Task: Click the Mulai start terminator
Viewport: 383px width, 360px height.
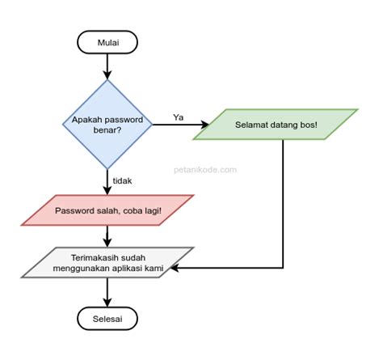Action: [107, 41]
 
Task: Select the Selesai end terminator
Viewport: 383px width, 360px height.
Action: [107, 317]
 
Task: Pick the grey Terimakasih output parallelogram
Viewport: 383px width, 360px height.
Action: [107, 262]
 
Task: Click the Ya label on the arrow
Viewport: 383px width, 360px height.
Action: [179, 116]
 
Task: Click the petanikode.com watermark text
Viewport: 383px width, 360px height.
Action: [205, 170]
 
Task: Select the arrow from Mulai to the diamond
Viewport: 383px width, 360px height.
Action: [107, 66]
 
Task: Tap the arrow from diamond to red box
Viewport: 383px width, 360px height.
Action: [107, 180]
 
